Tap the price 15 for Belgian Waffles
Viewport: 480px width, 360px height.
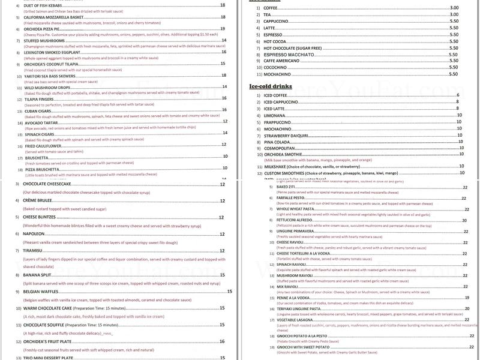pos(229,291)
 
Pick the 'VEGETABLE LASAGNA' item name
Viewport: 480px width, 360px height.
pos(296,320)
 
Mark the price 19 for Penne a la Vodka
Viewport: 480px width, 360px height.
pos(467,298)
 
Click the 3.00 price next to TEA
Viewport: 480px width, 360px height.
pos(454,14)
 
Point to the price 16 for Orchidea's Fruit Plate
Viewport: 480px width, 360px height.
pos(223,341)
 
